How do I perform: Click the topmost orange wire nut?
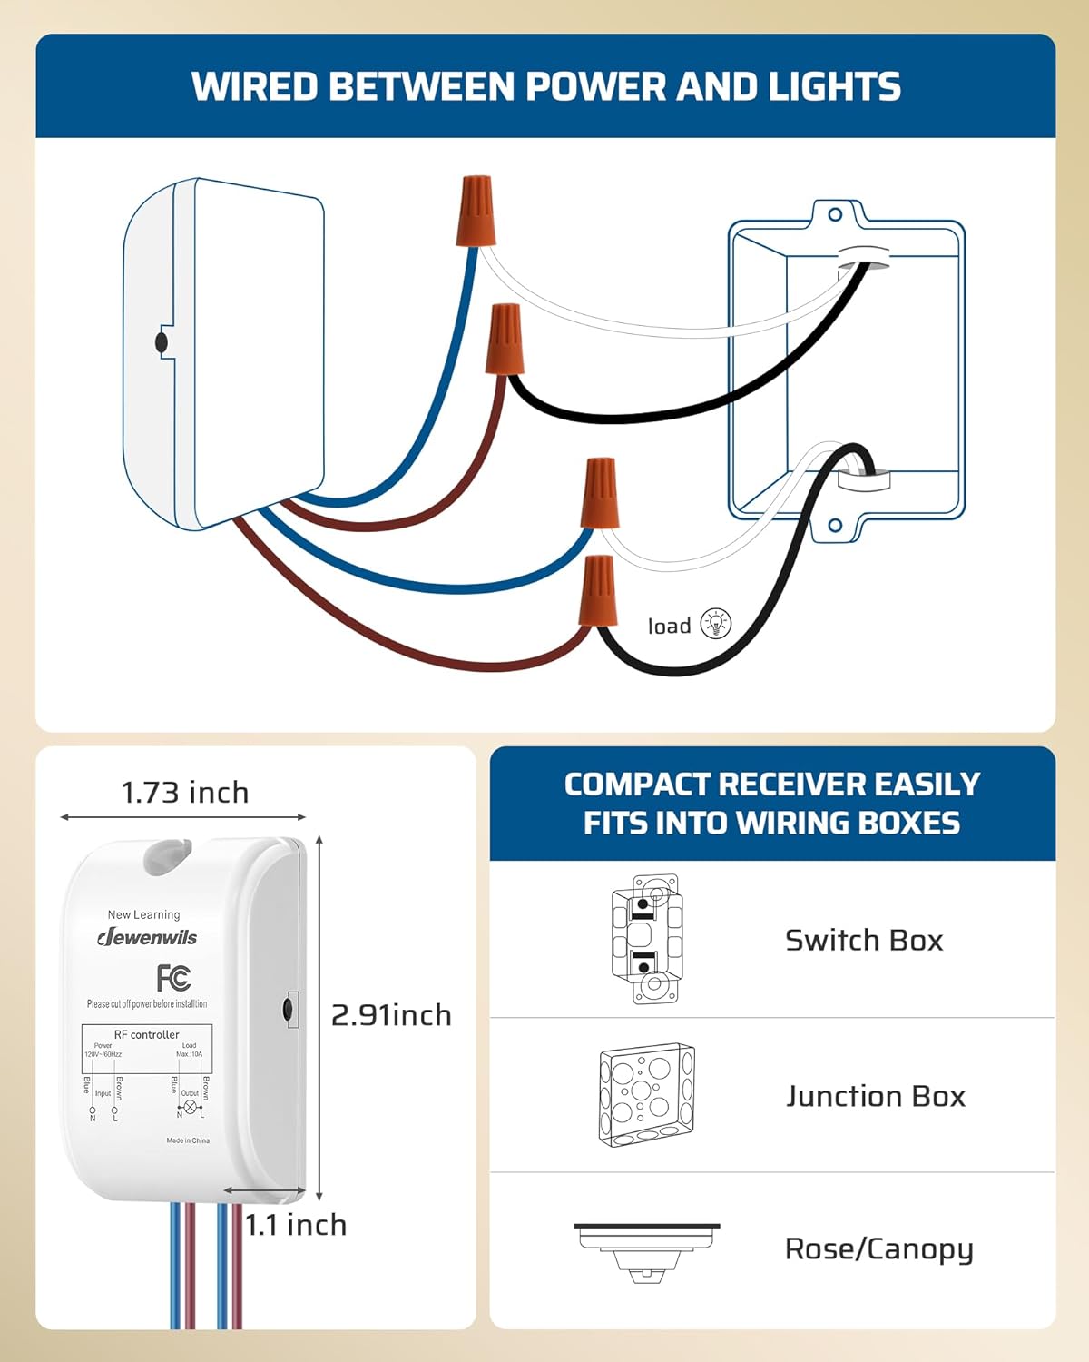477,211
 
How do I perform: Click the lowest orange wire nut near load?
598,590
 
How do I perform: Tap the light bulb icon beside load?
716,624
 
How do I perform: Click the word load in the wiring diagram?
670,627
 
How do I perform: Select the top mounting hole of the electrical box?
835,215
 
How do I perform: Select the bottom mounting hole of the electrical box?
835,526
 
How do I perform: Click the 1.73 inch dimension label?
185,793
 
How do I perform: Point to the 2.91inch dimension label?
391,1014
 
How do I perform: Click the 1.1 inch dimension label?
296,1225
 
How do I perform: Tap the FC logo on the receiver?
173,978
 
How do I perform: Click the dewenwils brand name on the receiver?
148,937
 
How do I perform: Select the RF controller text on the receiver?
147,1034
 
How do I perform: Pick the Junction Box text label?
876,1096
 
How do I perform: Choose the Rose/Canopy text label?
878,1249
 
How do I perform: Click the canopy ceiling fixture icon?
646,1250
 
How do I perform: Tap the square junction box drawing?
646,1094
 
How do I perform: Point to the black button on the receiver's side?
288,1009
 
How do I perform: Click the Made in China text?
188,1140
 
